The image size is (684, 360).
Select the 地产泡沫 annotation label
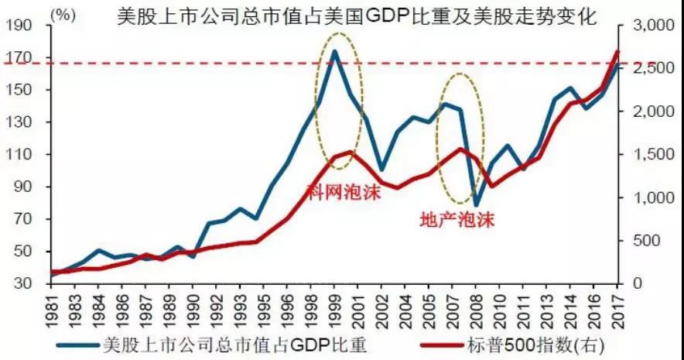456,219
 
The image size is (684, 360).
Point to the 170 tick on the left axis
23,58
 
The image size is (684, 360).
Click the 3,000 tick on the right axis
649,26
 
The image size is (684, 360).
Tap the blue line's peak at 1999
334,52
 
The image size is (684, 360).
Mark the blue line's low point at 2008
477,206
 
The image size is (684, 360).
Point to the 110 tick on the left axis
23,155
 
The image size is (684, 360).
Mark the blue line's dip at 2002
381,169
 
